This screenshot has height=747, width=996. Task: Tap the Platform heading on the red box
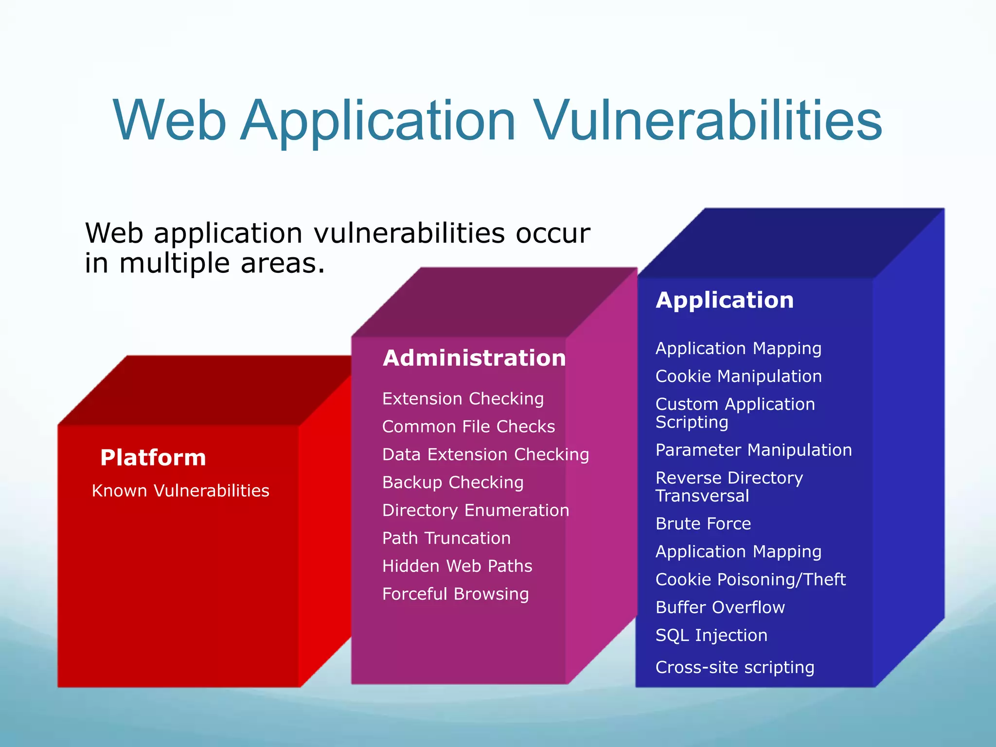coord(153,458)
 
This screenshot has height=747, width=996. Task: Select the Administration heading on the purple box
coord(474,358)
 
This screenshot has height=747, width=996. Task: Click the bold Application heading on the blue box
coord(725,300)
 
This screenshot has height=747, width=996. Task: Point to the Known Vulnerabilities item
coord(180,491)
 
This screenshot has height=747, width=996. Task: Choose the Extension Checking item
coord(462,399)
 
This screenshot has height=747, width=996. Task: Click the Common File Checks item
coord(468,427)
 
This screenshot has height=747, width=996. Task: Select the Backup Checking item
coord(453,482)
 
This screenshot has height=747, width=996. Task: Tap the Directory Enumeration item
coord(476,510)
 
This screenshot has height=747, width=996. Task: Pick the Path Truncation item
coord(446,538)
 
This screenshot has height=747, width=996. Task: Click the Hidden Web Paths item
coord(457,566)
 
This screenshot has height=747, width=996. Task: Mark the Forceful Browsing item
coord(455,594)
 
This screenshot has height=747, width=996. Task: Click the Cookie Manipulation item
coord(738,376)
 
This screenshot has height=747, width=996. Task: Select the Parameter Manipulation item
coord(753,450)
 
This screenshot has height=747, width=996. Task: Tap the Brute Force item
coord(703,524)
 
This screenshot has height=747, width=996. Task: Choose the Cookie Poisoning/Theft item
coord(750,580)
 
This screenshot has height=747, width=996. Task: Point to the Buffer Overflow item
coord(720,607)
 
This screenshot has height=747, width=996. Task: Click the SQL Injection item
coord(711,636)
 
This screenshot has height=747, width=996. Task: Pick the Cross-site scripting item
coord(734,667)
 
